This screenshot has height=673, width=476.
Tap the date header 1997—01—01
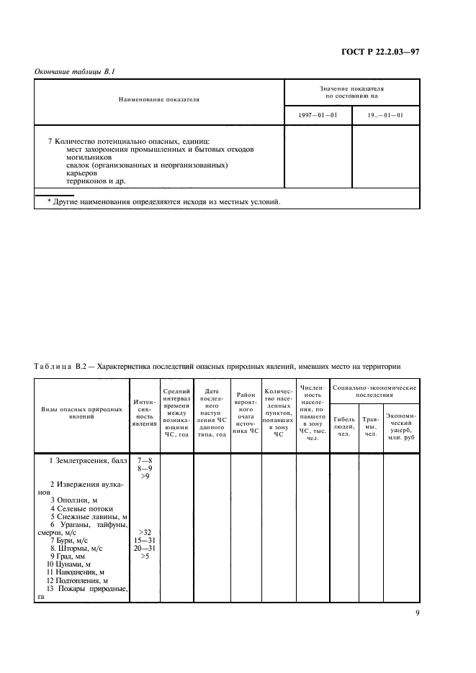(318, 115)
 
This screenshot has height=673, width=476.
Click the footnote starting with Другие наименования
(158, 201)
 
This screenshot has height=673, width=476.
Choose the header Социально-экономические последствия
(374, 391)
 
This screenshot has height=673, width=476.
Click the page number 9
(417, 613)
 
